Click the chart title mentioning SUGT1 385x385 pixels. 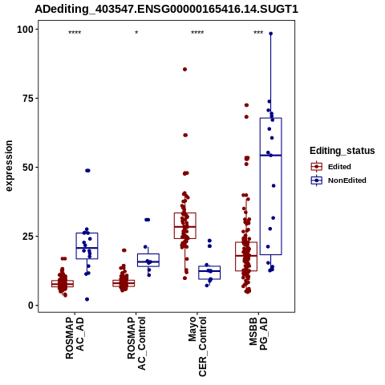point(166,10)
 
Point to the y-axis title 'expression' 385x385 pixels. point(9,166)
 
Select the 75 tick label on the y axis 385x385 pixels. point(29,98)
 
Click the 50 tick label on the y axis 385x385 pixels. point(29,167)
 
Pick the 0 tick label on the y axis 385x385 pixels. point(31,305)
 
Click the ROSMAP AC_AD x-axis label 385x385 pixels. point(75,338)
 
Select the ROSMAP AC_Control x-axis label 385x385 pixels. point(136,343)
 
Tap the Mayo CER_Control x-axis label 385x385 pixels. point(197,346)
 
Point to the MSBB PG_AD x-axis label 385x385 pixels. point(258,334)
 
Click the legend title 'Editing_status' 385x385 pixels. point(342,151)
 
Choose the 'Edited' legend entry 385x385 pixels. point(330,167)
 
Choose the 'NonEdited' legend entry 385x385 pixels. point(338,180)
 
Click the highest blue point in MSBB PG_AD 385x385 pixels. point(270,34)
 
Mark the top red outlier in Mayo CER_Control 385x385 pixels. point(184,69)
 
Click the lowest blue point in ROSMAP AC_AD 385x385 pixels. point(87,299)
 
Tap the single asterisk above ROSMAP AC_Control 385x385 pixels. point(136,33)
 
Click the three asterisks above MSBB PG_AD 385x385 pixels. point(258,33)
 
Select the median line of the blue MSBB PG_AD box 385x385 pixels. point(270,155)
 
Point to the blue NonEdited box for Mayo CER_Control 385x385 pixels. point(209,273)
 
